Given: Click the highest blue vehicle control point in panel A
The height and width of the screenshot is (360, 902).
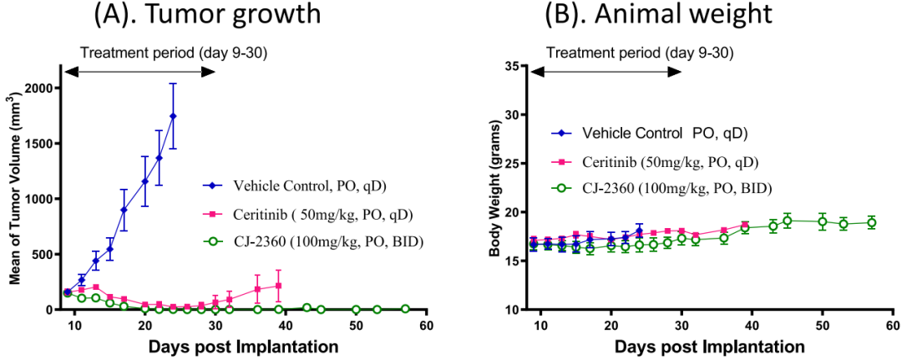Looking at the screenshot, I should click(x=173, y=116).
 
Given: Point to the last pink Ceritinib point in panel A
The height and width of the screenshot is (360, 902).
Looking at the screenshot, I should click(x=278, y=286).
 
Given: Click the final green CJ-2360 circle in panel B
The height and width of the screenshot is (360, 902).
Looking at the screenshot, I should click(x=871, y=222).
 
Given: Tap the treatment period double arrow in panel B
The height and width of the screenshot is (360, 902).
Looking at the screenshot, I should click(x=606, y=72).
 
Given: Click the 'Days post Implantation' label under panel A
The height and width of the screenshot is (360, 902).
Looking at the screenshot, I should click(x=244, y=345).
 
